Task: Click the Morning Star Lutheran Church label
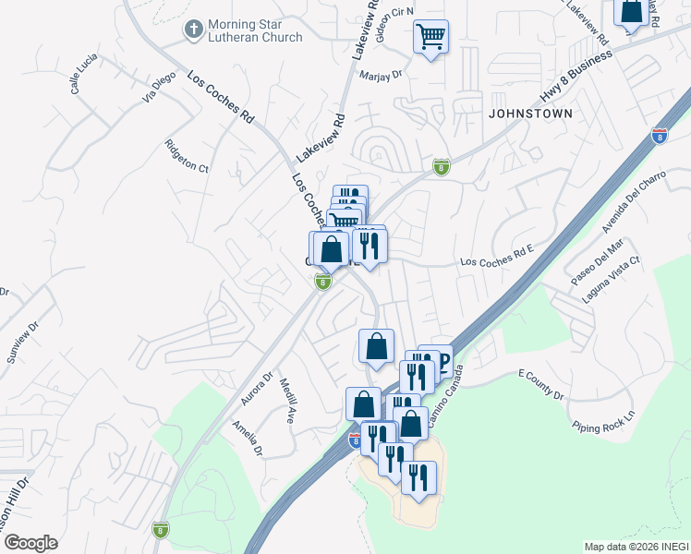[x=256, y=30]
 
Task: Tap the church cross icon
[x=194, y=30]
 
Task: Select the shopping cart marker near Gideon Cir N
[x=430, y=38]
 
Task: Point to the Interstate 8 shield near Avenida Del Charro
[x=659, y=136]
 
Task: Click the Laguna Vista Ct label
[x=611, y=280]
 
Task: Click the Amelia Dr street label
[x=248, y=439]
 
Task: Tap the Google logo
[x=30, y=543]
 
